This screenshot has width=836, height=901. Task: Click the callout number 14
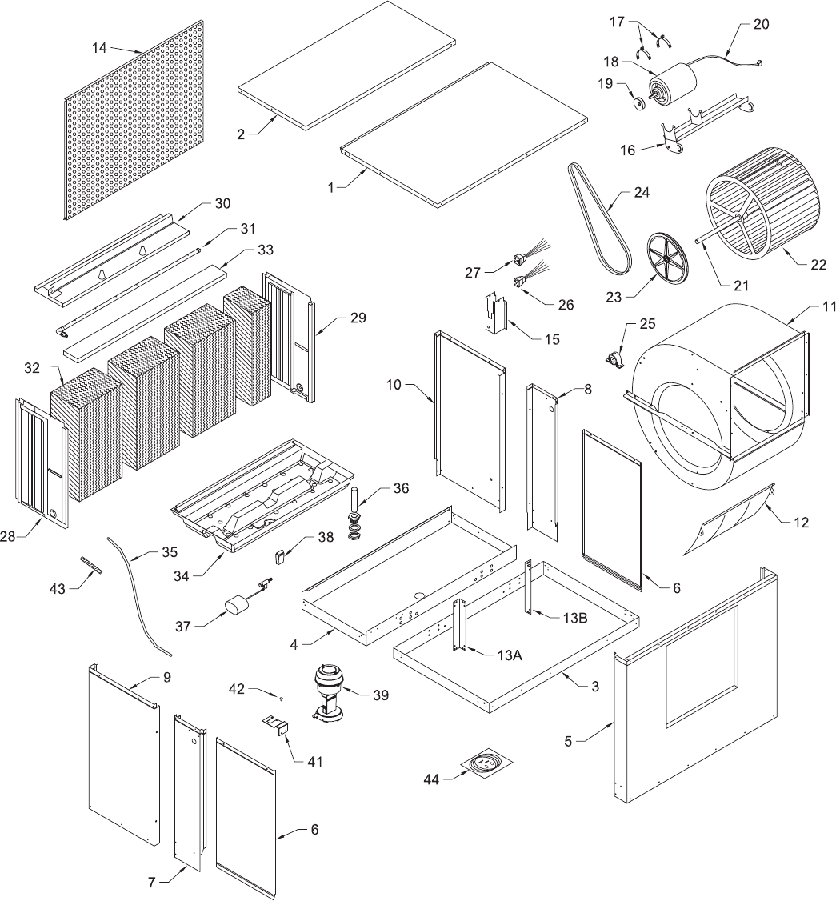tap(99, 47)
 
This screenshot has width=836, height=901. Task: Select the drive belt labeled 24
tap(599, 217)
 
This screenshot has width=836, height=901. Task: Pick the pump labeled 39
tap(328, 691)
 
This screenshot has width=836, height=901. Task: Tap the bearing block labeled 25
tap(614, 358)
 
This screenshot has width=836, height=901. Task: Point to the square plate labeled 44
tap(485, 763)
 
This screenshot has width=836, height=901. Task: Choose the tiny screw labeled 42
tap(281, 699)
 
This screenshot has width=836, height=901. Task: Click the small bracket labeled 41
tap(276, 724)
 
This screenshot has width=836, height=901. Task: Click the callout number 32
tap(32, 367)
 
